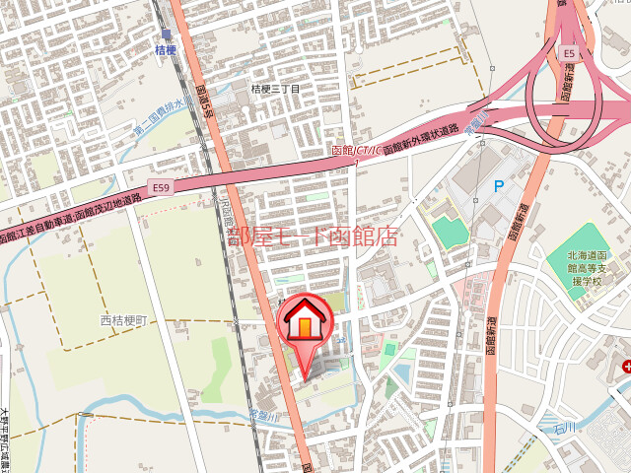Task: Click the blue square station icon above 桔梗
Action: coord(166,34)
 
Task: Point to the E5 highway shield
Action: coord(569,52)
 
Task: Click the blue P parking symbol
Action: coord(499,185)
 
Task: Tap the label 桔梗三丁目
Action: coord(275,89)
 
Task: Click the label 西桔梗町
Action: coord(122,321)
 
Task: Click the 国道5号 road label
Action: coord(205,100)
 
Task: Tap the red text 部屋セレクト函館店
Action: coord(313,237)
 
